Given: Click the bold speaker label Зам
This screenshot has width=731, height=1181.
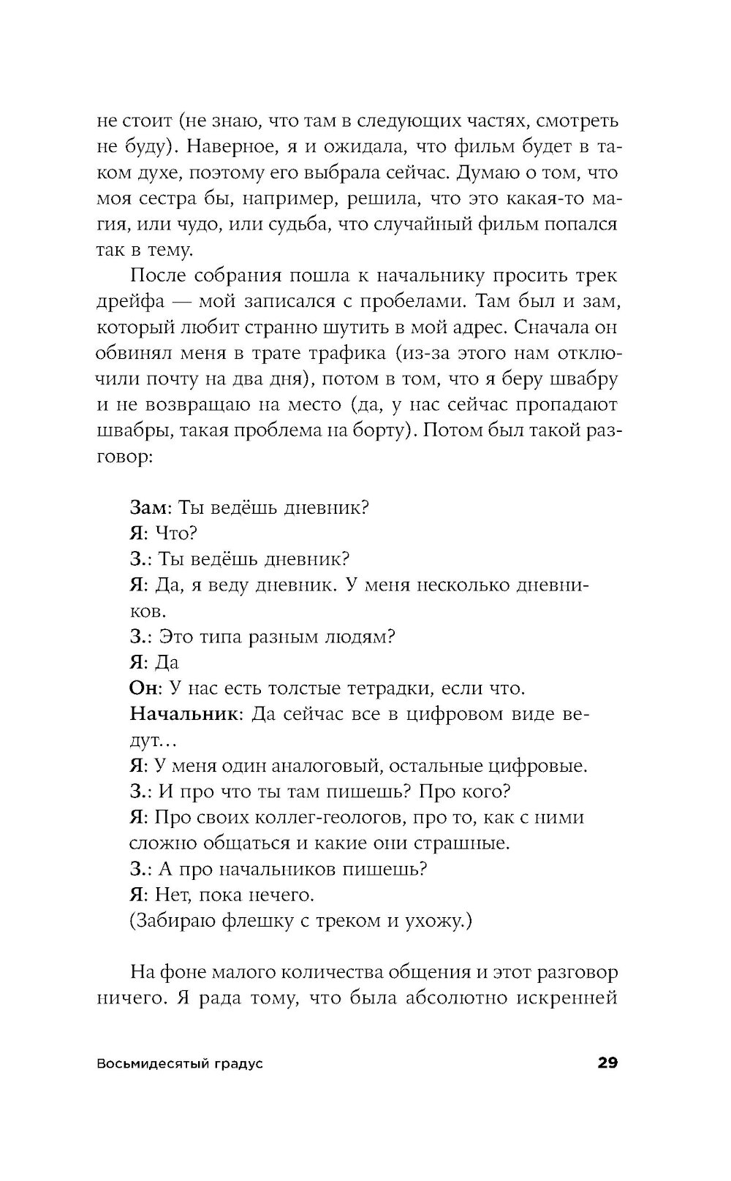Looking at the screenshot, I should pyautogui.click(x=148, y=507).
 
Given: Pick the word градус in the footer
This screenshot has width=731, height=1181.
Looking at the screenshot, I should pyautogui.click(x=238, y=1063).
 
